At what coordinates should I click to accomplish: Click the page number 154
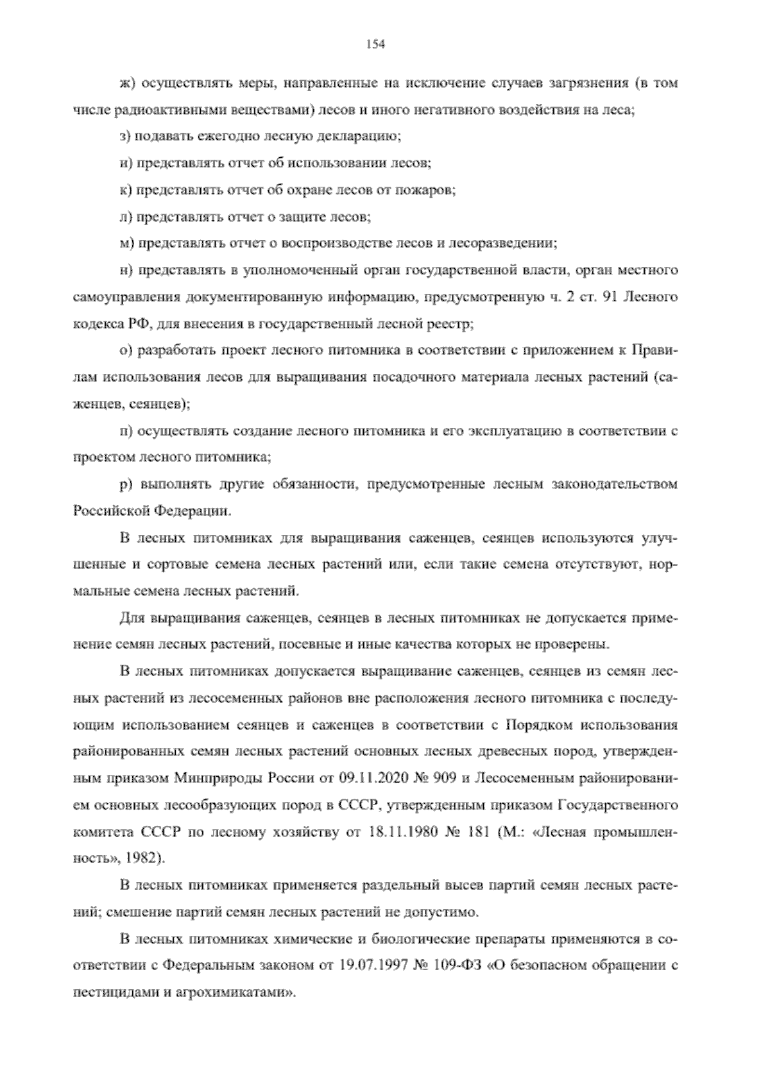[x=375, y=44]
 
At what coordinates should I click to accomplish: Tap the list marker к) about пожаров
[x=125, y=190]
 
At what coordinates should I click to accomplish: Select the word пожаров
[x=429, y=190]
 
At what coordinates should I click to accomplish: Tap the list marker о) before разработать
[x=125, y=351]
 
